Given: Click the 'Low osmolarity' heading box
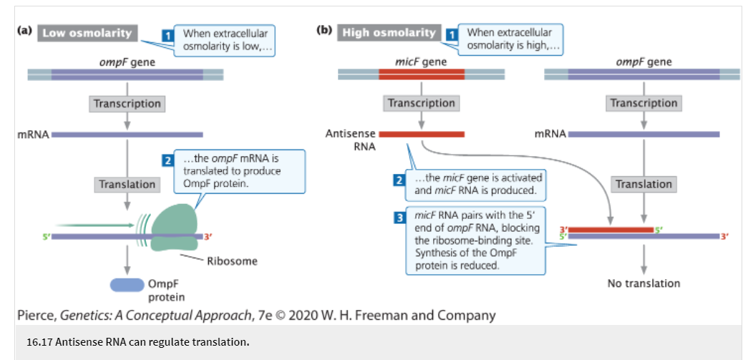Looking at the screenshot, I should point(87,34).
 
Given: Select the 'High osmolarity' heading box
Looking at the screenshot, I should point(389,33).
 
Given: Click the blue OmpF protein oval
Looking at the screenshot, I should point(127,285).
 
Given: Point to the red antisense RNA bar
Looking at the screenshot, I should point(421,134).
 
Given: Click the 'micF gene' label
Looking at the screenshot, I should point(421,62).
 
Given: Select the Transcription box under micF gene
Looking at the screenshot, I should point(421,103).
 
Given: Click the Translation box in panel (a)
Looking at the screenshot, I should point(127,185).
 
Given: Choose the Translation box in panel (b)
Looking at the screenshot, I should point(643,185).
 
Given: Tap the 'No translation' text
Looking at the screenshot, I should point(643,283).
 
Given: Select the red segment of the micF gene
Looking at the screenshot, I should point(421,74).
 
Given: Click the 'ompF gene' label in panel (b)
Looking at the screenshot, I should point(643,62).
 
